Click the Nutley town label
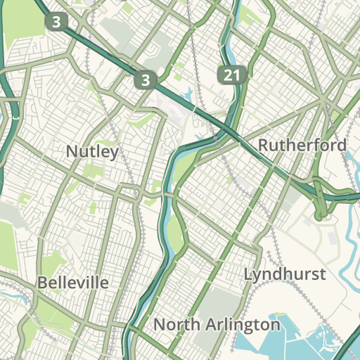[x=91, y=151]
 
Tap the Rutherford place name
[x=302, y=146]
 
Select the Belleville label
[x=73, y=283]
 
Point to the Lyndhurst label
[x=285, y=274]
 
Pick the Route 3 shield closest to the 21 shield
[x=145, y=80]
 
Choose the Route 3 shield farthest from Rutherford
[x=56, y=22]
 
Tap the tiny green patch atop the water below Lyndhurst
[x=279, y=314]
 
